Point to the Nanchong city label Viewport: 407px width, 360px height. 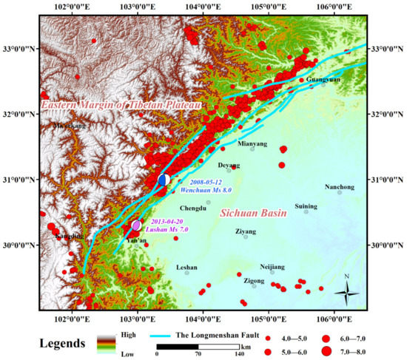click(340, 186)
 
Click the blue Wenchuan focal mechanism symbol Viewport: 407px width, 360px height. click(164, 180)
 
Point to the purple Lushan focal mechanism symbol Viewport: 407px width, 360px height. click(136, 225)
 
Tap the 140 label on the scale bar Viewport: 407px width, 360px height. click(240, 354)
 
